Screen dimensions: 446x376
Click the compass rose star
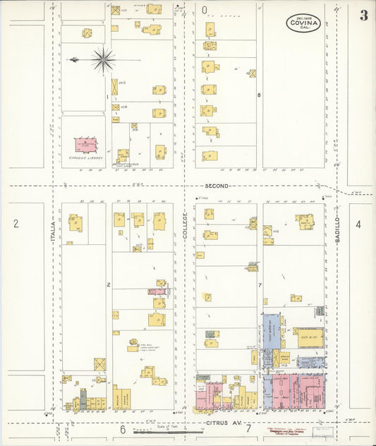(x=103, y=60)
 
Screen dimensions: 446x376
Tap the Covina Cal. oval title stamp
(x=303, y=23)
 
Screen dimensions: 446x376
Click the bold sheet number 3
(x=363, y=16)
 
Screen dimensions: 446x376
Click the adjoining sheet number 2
(x=16, y=224)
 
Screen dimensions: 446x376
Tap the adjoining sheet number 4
(x=358, y=224)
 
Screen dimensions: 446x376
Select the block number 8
(x=259, y=95)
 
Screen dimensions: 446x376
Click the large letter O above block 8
(x=205, y=11)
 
